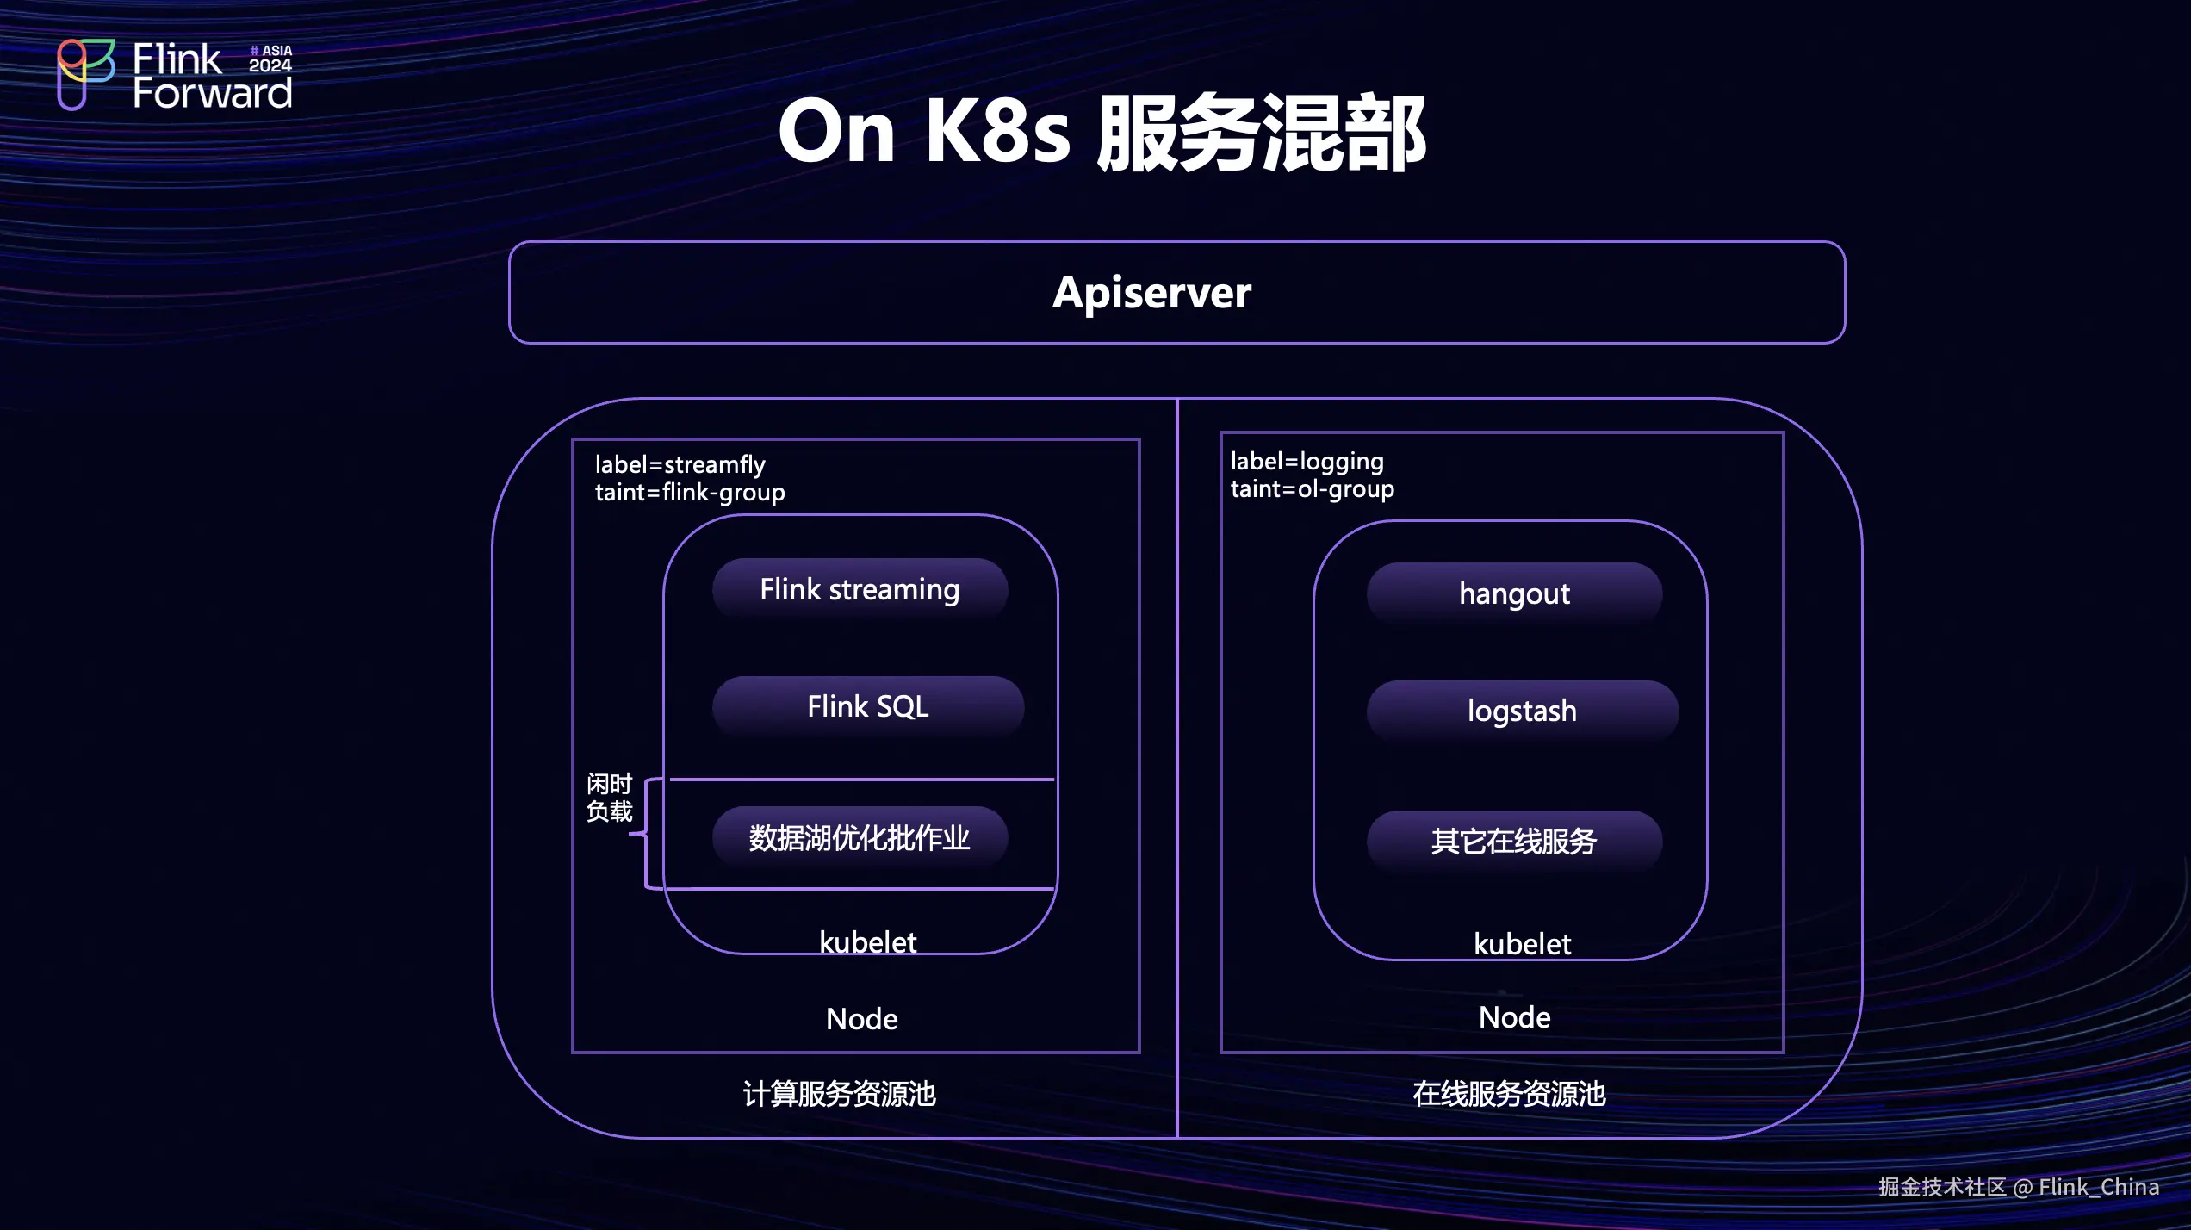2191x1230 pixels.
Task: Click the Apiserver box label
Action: coord(1151,293)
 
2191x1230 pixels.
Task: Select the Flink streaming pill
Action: coord(860,590)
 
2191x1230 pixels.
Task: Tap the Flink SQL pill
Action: coord(867,707)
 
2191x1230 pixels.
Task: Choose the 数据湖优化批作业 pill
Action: coord(860,838)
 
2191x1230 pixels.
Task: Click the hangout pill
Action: coord(1514,594)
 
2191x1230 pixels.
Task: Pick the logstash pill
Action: coord(1522,711)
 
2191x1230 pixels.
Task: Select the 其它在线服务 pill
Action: coord(1514,842)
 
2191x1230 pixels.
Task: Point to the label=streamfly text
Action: coord(680,465)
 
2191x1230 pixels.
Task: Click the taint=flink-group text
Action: coord(690,493)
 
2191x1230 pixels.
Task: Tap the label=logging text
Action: coord(1307,462)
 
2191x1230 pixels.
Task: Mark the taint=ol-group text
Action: coord(1312,489)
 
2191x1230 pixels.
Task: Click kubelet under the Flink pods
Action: coord(867,942)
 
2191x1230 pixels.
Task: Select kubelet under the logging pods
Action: coord(1522,944)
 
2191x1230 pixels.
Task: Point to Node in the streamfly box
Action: coord(861,1019)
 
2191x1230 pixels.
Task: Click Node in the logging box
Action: coord(1514,1017)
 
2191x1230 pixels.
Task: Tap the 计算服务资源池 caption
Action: coord(839,1094)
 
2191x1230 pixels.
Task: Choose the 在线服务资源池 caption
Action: coord(1509,1094)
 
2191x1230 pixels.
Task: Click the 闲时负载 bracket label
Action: coord(609,798)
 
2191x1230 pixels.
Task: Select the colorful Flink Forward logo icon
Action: coord(85,74)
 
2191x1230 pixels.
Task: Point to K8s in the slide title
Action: coord(997,132)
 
